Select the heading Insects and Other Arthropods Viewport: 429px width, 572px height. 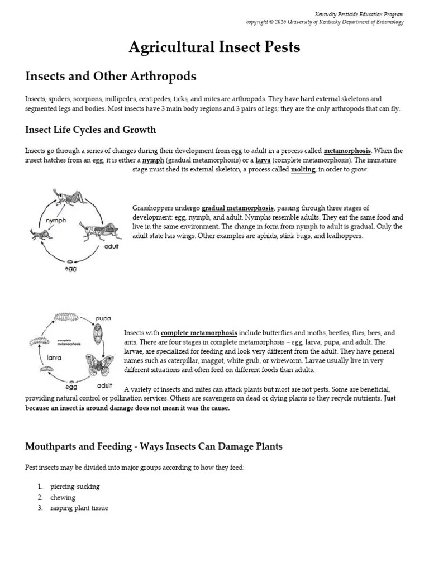(x=111, y=76)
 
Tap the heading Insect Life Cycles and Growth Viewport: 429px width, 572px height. (x=90, y=130)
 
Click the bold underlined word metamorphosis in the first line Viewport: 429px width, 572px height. (x=347, y=151)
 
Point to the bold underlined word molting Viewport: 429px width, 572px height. (x=303, y=169)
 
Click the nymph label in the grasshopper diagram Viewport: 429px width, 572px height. (x=56, y=220)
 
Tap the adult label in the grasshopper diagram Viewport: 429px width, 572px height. (x=111, y=246)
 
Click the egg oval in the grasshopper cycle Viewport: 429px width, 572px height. (x=70, y=261)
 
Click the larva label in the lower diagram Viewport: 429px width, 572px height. (x=54, y=358)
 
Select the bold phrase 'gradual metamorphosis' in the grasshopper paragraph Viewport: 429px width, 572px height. (x=237, y=208)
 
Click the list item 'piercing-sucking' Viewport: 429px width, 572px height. (x=75, y=487)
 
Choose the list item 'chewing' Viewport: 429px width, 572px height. (x=63, y=497)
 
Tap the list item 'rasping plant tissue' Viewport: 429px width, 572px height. (x=79, y=508)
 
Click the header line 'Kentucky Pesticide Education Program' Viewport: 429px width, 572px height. (x=359, y=14)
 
